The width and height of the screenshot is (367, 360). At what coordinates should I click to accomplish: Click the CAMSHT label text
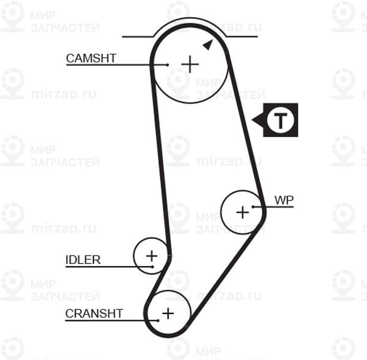(91, 58)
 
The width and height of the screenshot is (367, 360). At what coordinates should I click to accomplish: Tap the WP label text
(284, 200)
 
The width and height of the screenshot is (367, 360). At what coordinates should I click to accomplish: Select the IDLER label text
(83, 260)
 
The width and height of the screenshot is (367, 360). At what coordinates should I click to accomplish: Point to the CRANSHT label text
(94, 314)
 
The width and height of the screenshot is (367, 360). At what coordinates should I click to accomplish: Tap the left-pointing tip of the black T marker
(253, 120)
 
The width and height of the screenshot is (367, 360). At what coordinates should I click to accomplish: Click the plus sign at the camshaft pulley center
(190, 64)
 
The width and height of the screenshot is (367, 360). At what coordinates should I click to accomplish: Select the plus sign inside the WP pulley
(243, 212)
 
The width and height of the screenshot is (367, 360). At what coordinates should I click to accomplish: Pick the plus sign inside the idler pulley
(151, 255)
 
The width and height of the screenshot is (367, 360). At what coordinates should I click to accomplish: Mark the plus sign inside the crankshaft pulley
(167, 314)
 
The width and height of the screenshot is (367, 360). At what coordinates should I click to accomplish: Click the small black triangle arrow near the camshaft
(208, 44)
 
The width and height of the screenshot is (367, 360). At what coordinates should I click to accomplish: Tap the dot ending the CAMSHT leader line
(167, 64)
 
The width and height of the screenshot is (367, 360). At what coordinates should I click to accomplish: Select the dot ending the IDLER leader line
(151, 266)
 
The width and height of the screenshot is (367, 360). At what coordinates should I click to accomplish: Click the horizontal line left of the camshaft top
(138, 37)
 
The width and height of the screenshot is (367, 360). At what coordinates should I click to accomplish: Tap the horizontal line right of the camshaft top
(242, 37)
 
